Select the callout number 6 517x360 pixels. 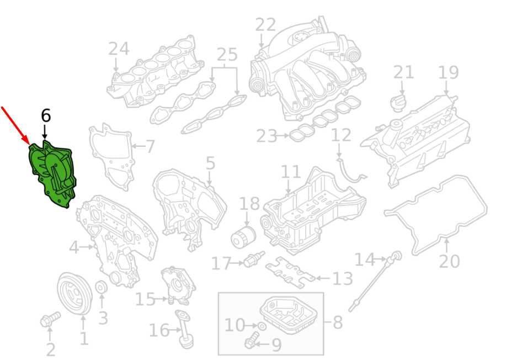point(46,116)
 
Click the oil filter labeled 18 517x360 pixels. point(243,237)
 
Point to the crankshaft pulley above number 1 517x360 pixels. point(74,294)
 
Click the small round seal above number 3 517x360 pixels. point(101,288)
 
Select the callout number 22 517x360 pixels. point(265,25)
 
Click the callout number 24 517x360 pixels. point(119,49)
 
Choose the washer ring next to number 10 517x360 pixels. point(262,326)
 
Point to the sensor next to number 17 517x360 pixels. point(254,259)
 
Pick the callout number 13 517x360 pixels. point(343,278)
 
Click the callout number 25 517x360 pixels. point(227,54)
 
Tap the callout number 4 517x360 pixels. point(74,247)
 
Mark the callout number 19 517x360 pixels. point(449,72)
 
